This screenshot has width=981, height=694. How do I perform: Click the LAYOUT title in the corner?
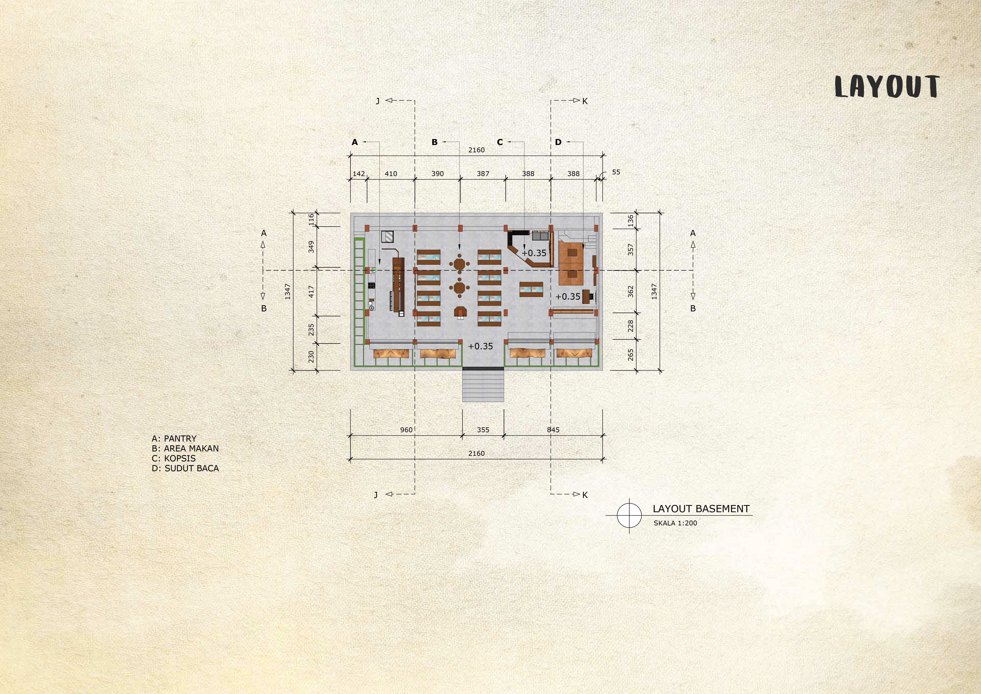coord(887,87)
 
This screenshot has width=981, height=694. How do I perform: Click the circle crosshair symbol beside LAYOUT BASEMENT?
coord(629,515)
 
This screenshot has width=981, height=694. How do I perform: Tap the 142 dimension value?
coord(359,173)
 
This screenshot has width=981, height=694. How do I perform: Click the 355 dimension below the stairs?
coord(483,430)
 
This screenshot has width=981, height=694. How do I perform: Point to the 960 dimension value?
coord(406,430)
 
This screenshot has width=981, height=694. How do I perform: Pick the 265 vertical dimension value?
coord(631,355)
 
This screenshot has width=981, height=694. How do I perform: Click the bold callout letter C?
coord(500,142)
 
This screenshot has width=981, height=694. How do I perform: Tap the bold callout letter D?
coord(558,142)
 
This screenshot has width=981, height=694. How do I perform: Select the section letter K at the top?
coord(585,101)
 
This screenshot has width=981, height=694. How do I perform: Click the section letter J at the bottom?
coord(376,495)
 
